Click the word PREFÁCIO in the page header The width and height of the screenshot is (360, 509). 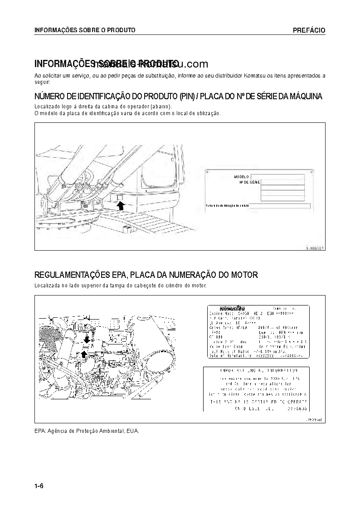tap(309, 30)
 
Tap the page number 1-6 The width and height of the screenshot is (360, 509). tap(39, 486)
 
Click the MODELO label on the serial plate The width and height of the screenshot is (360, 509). tap(242, 177)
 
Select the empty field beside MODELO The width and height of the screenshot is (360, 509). tap(277, 177)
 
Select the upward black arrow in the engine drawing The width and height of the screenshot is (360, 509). tap(83, 354)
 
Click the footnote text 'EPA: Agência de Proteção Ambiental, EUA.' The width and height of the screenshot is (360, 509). tap(87, 431)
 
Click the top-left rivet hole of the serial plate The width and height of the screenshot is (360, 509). tap(208, 172)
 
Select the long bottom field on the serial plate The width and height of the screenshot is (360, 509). tap(280, 206)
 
